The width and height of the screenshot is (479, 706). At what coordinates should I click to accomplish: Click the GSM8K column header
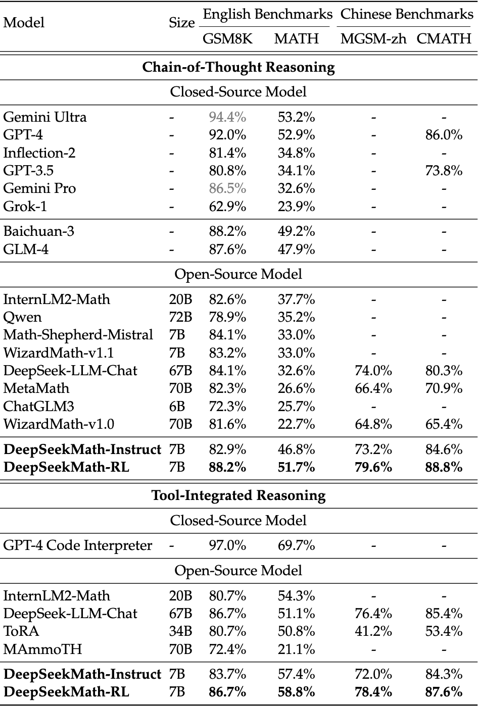(x=227, y=39)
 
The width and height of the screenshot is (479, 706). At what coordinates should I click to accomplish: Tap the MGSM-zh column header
(x=373, y=39)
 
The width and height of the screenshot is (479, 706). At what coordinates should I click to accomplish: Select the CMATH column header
(x=444, y=39)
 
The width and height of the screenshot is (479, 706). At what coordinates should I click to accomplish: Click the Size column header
(x=181, y=23)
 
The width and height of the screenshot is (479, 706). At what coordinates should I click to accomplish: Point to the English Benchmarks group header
(x=267, y=14)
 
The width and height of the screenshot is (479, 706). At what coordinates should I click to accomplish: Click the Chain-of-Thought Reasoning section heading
(x=238, y=67)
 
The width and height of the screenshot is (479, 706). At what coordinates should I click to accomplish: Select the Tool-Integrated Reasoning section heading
(x=238, y=495)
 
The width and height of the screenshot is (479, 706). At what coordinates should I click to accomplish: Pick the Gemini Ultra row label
(x=45, y=117)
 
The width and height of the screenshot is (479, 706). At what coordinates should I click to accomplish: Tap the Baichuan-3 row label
(x=39, y=231)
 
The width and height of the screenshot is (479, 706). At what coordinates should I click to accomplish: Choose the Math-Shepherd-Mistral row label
(x=78, y=335)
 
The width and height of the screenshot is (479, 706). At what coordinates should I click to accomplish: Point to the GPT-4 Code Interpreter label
(x=78, y=545)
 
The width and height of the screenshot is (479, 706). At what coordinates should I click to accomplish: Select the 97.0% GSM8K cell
(x=227, y=545)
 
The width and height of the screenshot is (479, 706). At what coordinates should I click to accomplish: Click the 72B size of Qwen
(x=180, y=317)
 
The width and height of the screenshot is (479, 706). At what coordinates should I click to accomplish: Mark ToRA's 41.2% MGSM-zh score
(x=373, y=631)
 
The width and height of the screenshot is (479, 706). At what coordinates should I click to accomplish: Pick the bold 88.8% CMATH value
(x=444, y=467)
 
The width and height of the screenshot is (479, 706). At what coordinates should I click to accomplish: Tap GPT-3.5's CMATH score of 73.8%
(x=444, y=171)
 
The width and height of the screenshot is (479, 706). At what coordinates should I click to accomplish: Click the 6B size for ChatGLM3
(x=177, y=406)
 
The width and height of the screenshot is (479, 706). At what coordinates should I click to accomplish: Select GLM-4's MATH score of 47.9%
(x=296, y=249)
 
